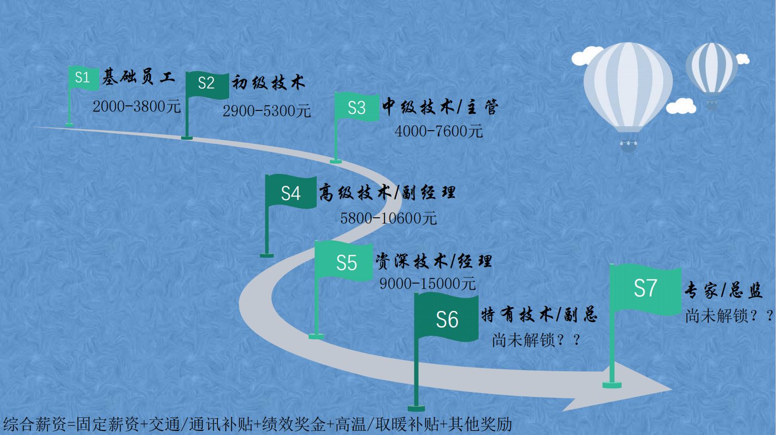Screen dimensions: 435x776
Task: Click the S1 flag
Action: pos(83,77)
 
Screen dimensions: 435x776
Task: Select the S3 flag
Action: pos(357,107)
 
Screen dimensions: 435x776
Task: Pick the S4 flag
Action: pos(291,192)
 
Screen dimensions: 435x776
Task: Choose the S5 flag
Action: pos(346,262)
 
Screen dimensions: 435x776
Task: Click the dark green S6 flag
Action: pos(446,319)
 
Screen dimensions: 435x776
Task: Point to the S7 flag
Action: pos(645,289)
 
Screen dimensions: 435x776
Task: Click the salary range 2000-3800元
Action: pos(137,106)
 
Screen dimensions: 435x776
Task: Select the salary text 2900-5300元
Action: pos(267,110)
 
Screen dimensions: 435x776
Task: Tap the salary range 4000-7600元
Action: pos(439,131)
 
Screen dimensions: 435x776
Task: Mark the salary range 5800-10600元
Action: pos(388,218)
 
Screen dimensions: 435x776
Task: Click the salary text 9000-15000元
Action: pos(427,284)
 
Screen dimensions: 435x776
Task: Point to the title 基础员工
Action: pos(139,77)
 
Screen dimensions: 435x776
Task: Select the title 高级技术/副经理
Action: pos(387,192)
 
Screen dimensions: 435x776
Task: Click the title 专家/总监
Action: pos(723,291)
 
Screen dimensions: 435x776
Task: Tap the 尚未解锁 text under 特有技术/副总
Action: pos(536,340)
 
